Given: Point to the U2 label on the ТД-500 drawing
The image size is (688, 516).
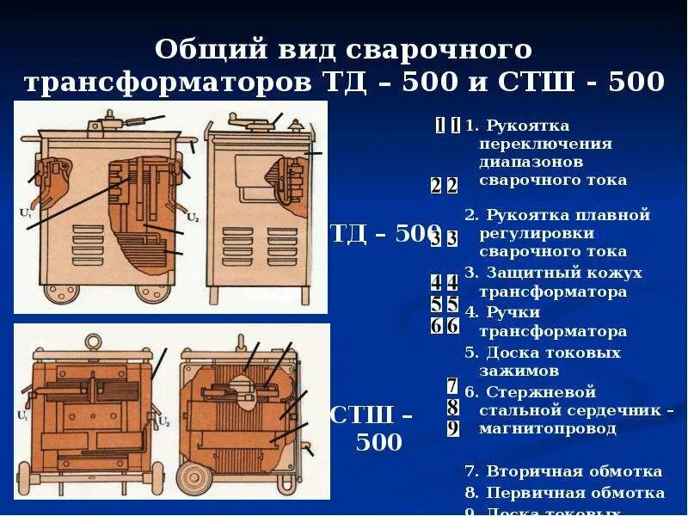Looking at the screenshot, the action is point(193,216).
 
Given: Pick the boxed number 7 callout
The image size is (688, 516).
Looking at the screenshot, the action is point(452,386).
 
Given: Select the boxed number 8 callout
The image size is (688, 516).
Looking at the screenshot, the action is point(452,408).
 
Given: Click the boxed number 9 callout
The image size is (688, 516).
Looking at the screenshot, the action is point(452,428).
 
